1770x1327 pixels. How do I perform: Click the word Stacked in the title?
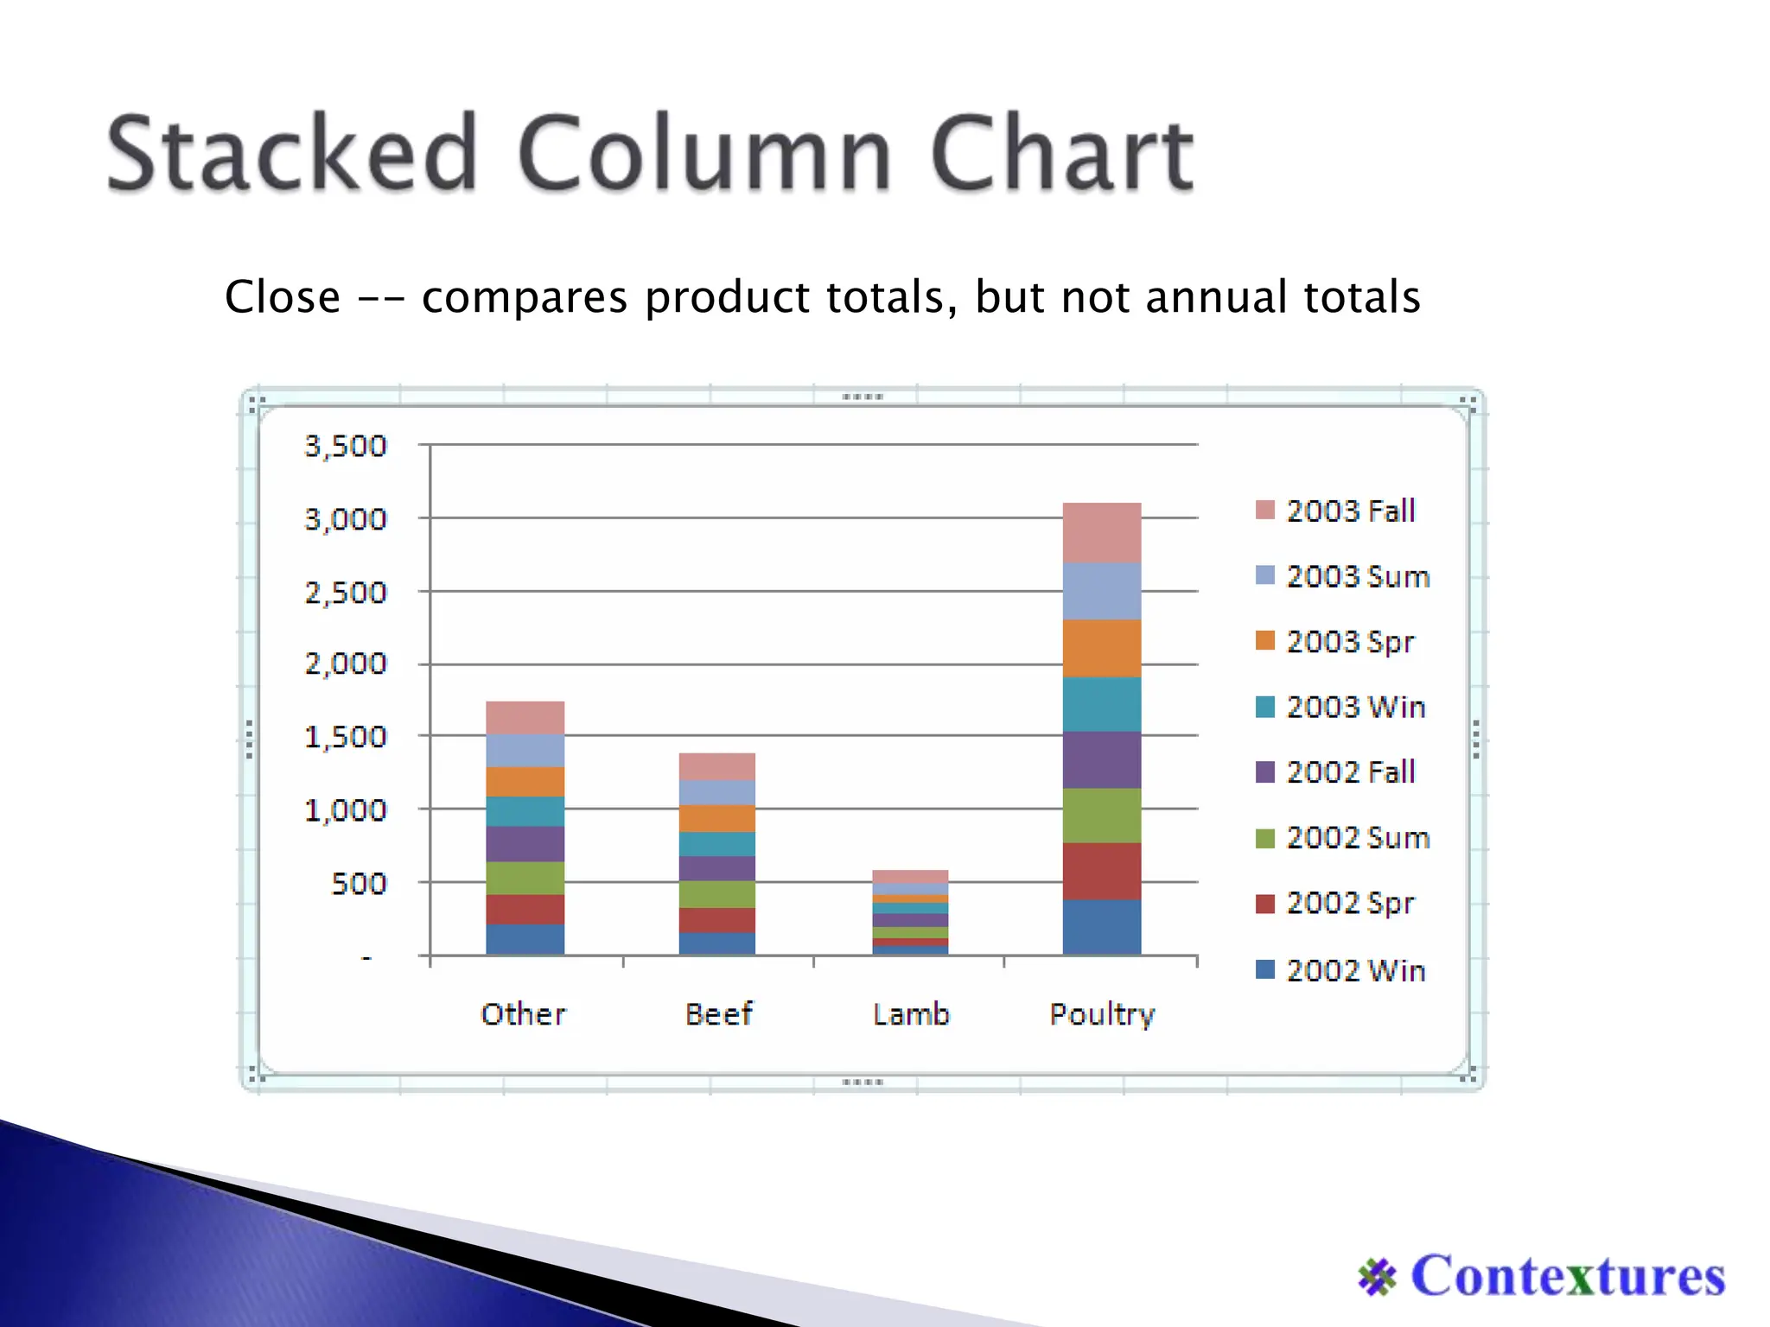(292, 154)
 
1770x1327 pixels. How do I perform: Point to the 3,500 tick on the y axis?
(346, 446)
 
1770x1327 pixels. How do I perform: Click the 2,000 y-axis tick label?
(346, 663)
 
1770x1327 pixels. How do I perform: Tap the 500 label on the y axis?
(359, 884)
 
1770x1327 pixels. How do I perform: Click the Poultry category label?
(1102, 1014)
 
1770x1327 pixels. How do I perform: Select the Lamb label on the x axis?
(911, 1013)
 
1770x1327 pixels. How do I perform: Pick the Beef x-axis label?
(718, 1013)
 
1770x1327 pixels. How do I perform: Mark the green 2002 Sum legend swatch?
(1265, 838)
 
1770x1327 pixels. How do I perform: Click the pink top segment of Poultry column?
(1102, 532)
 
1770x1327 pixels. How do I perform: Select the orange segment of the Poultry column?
(1102, 648)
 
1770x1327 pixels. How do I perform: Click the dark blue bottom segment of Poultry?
(1102, 926)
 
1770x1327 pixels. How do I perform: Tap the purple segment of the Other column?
(525, 843)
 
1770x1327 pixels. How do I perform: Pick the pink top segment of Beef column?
(716, 766)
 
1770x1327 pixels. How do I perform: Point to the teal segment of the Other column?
(525, 811)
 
